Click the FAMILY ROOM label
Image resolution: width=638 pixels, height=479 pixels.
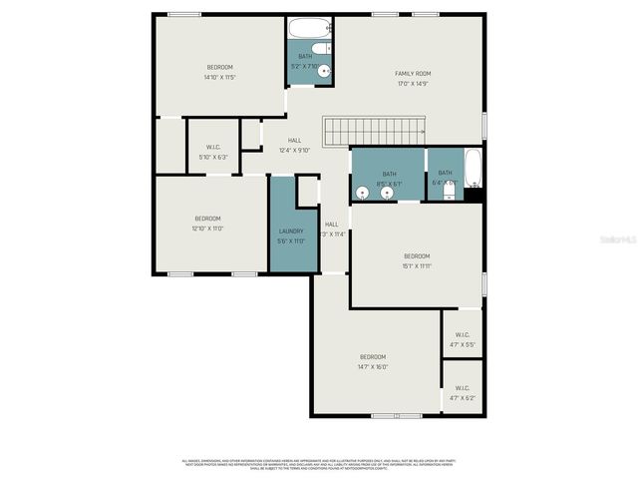point(411,74)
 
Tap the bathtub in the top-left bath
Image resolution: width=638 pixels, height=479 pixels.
point(310,28)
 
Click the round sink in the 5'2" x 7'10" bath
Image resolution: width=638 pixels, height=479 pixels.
point(324,71)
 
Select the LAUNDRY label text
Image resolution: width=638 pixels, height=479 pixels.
point(290,231)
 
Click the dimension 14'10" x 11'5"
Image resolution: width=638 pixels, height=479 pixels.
point(219,77)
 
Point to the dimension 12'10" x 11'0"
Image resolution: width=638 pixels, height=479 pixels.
point(207,229)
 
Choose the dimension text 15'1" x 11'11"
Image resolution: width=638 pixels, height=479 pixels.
point(416,266)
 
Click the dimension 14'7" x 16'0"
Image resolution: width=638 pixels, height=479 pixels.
point(372,367)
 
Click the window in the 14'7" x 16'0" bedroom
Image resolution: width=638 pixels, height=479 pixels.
point(396,415)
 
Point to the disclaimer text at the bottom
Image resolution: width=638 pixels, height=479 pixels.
point(317,464)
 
